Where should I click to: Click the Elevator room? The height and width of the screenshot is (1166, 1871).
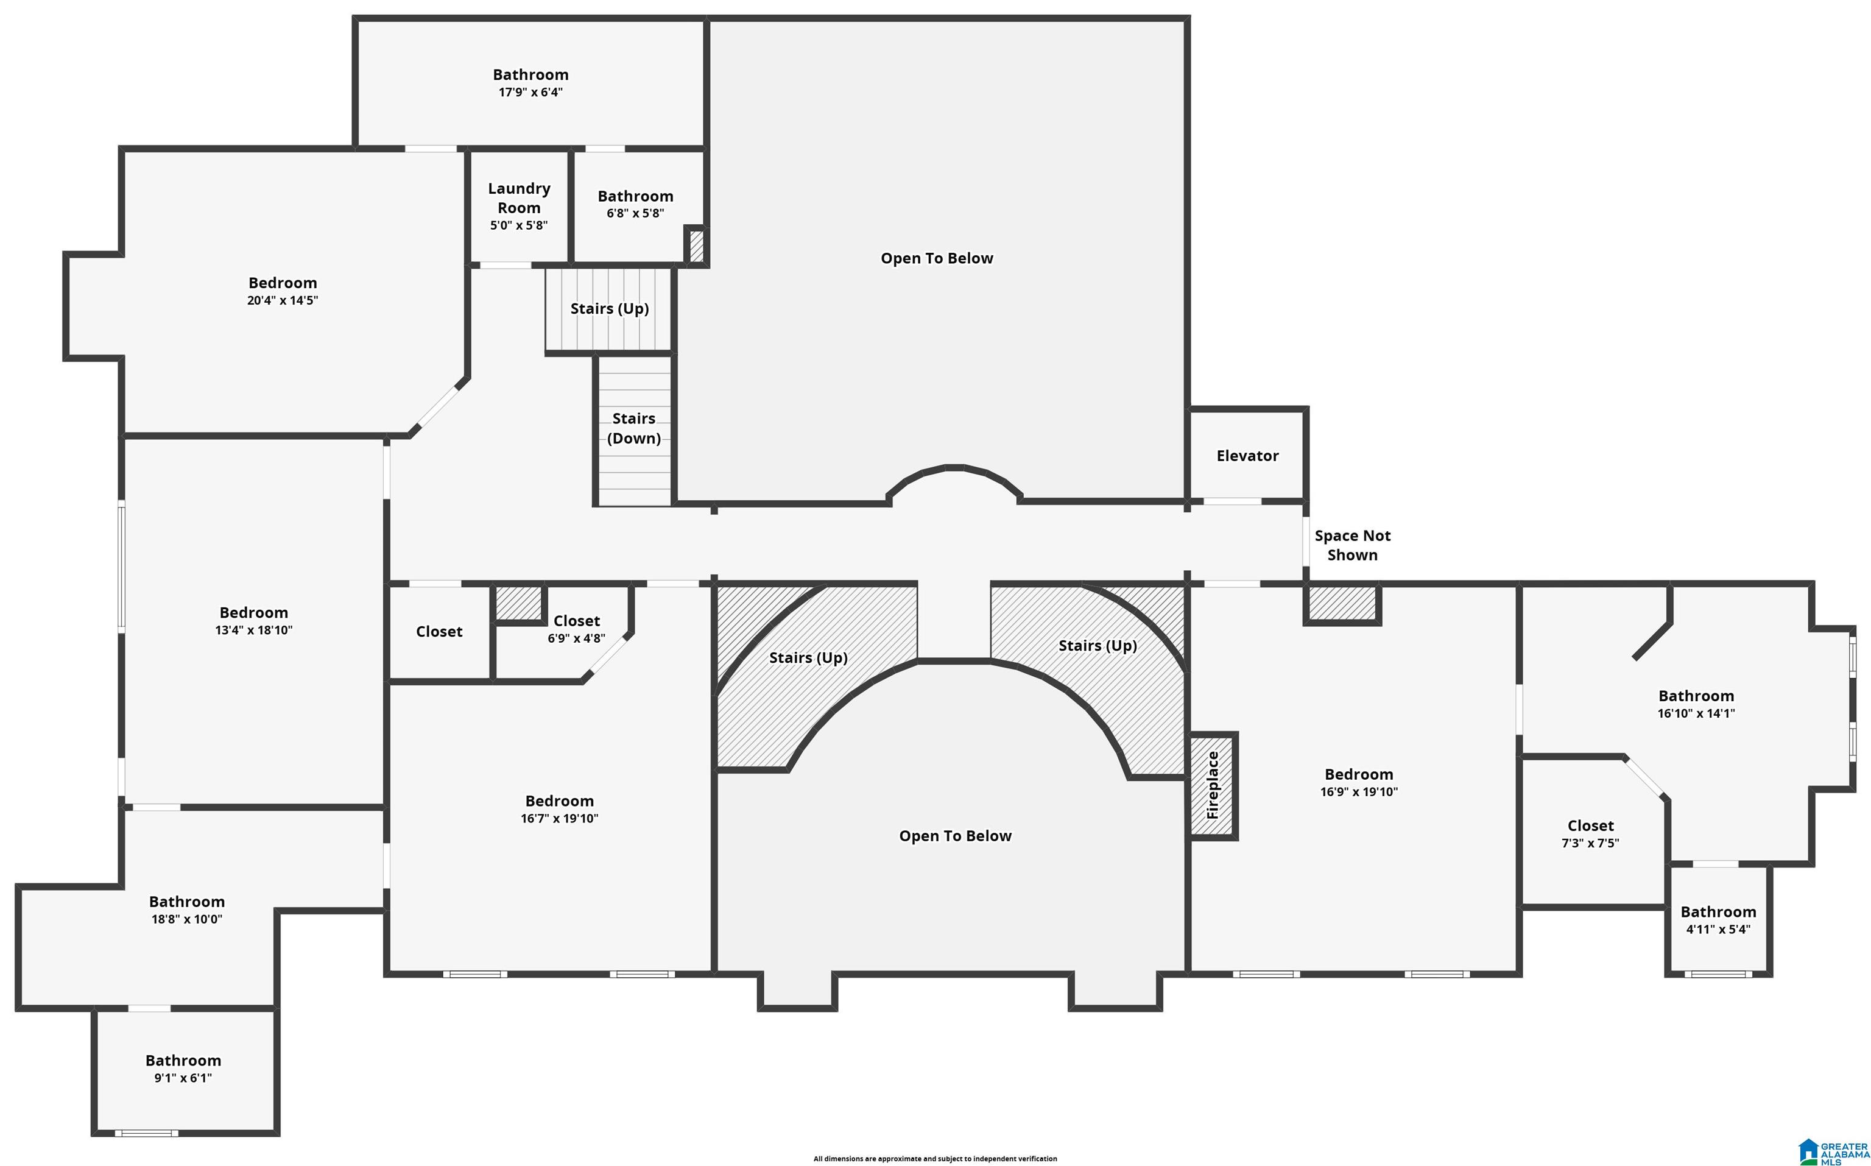coord(1247,455)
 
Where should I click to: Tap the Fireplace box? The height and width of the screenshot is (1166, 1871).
coord(1213,786)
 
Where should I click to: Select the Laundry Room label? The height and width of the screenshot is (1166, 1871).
coord(519,198)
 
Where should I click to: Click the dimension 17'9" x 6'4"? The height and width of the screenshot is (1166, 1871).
coord(530,93)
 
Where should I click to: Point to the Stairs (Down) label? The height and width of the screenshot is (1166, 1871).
coord(633,428)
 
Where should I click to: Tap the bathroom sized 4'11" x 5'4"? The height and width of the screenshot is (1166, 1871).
coord(1718,920)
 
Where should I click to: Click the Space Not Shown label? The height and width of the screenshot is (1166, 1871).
coord(1352,545)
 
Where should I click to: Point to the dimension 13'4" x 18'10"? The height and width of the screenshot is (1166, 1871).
coord(253,630)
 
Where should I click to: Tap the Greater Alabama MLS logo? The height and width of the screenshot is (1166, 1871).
coord(1833,1151)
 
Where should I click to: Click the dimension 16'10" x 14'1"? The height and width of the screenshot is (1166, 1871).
coord(1696,713)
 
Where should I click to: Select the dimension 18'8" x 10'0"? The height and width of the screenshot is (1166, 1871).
coord(186,919)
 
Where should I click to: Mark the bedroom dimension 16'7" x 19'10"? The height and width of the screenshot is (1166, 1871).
coord(559,818)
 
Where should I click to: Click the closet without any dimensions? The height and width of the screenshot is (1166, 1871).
coord(439,632)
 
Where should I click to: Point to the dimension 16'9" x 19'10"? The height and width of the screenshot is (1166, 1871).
coord(1358,792)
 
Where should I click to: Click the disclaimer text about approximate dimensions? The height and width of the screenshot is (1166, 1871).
coord(935,1158)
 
